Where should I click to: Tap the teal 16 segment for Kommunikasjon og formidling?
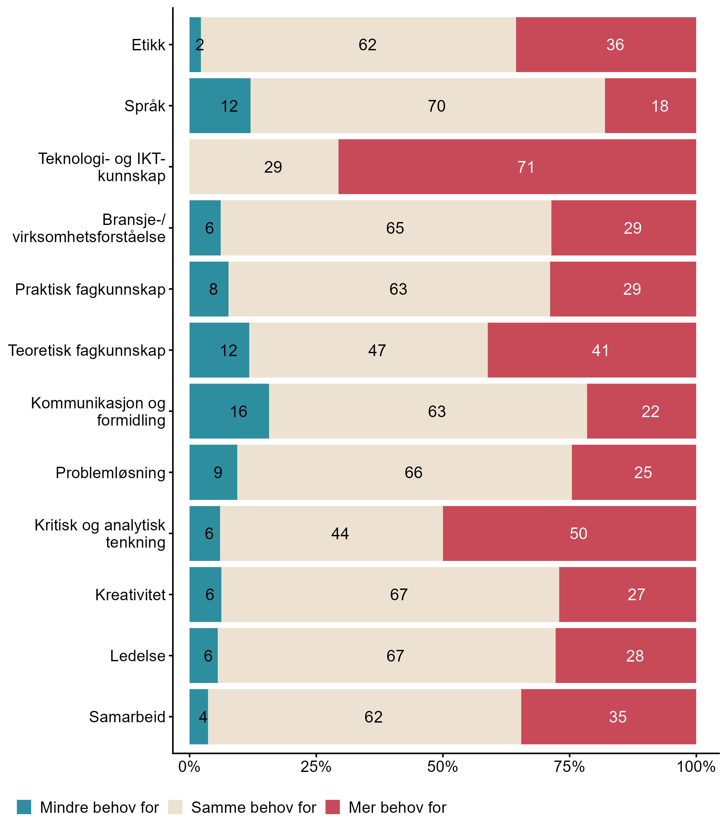click(x=229, y=411)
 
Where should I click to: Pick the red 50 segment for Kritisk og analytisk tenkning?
click(x=569, y=533)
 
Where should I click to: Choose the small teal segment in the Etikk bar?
click(x=195, y=45)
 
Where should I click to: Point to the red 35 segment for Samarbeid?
click(x=609, y=717)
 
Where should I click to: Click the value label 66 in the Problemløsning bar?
click(x=413, y=472)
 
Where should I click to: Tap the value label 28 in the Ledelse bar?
click(x=635, y=656)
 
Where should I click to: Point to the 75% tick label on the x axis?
click(x=569, y=767)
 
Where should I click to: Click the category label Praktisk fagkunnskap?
click(x=90, y=289)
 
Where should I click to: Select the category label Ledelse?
click(x=138, y=656)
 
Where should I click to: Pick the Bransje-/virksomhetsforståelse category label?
click(x=89, y=228)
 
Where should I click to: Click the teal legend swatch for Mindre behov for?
click(x=24, y=807)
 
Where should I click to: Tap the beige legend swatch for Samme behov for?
click(x=175, y=807)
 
